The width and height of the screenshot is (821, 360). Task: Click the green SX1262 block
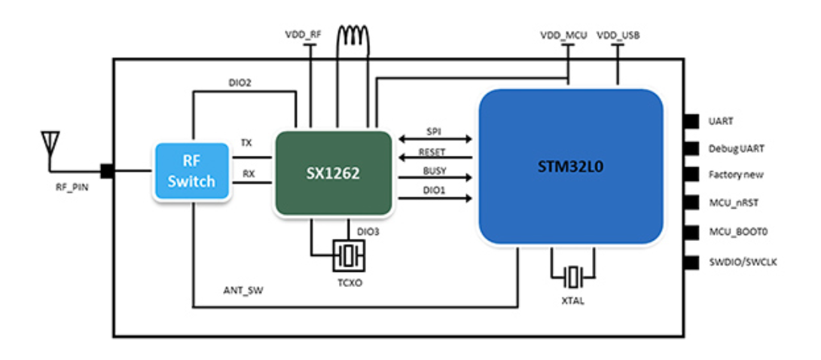point(334,173)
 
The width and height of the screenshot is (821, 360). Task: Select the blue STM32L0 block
point(570,166)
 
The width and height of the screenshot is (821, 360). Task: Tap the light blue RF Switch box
point(191,172)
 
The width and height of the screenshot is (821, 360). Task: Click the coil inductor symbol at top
point(355,36)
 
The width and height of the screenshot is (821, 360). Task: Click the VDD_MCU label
point(563,35)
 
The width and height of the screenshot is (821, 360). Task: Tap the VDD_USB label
point(618,35)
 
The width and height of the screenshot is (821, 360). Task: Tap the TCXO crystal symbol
point(349,256)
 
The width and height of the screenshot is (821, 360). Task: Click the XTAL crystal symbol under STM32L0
point(574,276)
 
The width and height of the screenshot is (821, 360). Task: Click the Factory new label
point(736,175)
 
